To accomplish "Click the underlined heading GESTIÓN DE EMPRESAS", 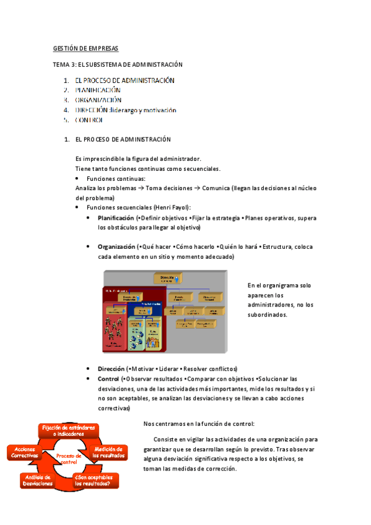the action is (x=85, y=48).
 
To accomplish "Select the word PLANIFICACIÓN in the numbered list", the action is (x=98, y=90).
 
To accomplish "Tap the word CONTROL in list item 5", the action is (x=89, y=119).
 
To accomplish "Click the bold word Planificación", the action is (x=115, y=219).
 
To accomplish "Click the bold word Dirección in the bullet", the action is (x=111, y=368).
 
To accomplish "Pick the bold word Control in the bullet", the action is (x=108, y=378).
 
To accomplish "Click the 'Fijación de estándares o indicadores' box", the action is (x=69, y=431).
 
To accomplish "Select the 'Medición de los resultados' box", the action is (x=108, y=452).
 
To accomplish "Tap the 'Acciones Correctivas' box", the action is (x=24, y=452).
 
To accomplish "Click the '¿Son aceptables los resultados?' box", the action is (x=93, y=480).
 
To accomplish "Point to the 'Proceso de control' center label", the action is (x=69, y=458).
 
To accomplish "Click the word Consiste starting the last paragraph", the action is (x=175, y=439).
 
